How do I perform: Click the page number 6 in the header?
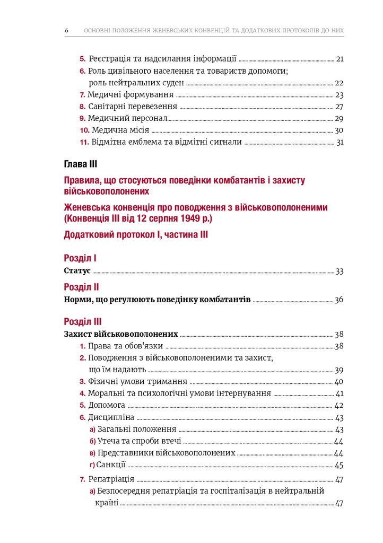(x=67, y=30)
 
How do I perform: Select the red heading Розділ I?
(x=80, y=258)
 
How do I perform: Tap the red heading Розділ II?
(x=81, y=287)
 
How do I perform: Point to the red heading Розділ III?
(x=82, y=321)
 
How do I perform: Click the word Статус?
(x=77, y=271)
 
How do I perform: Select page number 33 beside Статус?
(x=340, y=271)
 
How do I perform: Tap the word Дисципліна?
(x=111, y=417)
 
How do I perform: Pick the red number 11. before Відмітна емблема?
(x=84, y=142)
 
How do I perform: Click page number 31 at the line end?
(x=340, y=142)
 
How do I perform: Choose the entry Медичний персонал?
(x=128, y=118)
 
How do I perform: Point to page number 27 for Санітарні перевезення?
(x=340, y=107)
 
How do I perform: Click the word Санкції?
(x=111, y=465)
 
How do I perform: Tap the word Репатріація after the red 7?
(x=111, y=479)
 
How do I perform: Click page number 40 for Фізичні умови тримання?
(x=340, y=382)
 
